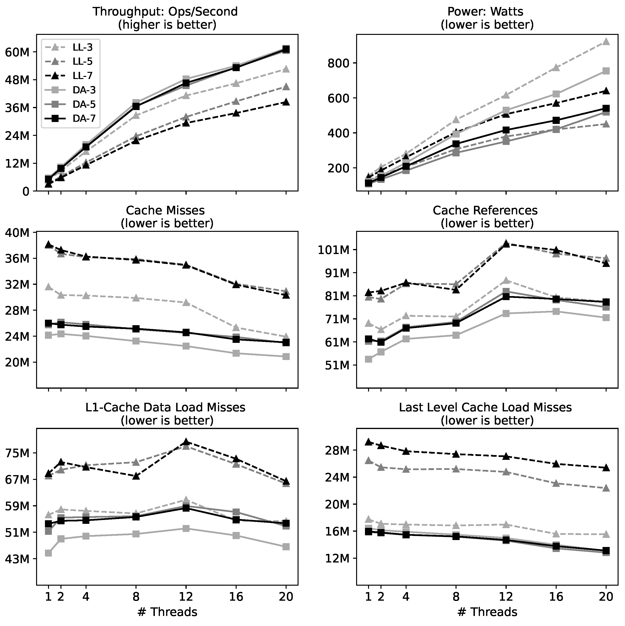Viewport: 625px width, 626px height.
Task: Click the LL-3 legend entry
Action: point(82,47)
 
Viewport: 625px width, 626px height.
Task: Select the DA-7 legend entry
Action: point(84,119)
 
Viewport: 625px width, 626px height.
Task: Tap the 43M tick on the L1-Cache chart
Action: point(17,559)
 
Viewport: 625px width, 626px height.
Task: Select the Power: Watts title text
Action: point(485,12)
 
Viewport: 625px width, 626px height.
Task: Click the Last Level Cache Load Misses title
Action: point(485,407)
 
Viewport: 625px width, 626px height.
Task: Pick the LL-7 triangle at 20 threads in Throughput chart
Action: point(286,102)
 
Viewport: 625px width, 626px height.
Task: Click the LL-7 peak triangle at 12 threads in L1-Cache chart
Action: point(186,442)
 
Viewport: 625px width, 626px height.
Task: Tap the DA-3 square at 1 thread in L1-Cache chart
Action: point(48,553)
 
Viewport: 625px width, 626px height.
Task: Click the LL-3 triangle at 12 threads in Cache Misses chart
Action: point(186,303)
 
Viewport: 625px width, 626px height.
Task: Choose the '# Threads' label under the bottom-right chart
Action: point(487,612)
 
